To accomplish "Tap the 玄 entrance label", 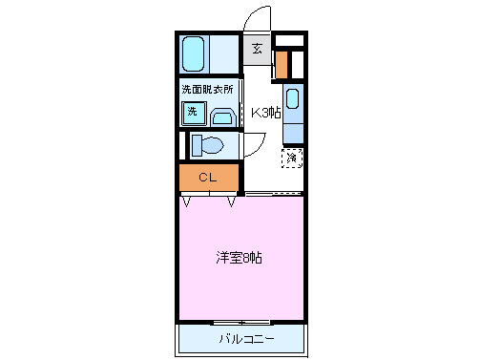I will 258,49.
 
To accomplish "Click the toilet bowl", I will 213,145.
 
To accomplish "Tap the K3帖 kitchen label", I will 265,112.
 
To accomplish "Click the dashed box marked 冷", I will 291,158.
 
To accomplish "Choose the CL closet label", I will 207,177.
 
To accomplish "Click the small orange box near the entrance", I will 282,64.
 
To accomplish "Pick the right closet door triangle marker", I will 232,201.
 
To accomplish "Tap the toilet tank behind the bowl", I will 195,145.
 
